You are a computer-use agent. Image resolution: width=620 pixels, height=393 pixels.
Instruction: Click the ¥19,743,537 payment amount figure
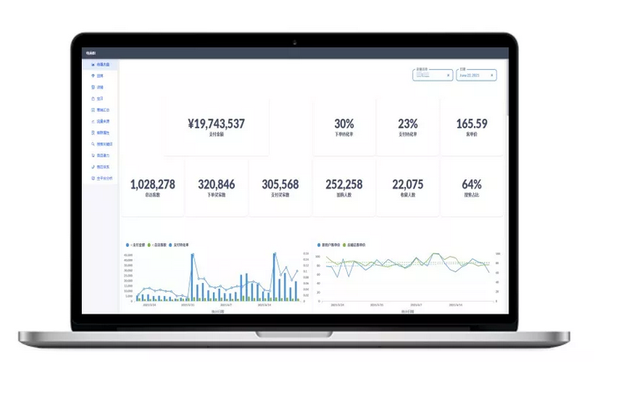[x=215, y=124]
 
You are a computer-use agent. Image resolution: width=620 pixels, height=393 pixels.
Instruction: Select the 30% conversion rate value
[x=344, y=124]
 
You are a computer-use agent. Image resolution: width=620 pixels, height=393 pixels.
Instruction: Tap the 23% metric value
[x=408, y=124]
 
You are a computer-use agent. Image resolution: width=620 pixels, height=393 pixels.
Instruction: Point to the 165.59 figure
[x=471, y=124]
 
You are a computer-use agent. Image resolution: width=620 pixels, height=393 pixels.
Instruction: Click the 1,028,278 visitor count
[x=152, y=184]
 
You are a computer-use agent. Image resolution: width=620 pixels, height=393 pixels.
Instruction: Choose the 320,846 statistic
[x=216, y=184]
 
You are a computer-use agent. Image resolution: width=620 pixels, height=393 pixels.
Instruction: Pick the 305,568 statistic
[x=279, y=184]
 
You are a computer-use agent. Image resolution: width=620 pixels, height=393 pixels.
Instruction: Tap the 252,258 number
[x=344, y=184]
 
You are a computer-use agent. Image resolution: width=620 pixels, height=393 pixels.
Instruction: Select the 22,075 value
[x=408, y=184]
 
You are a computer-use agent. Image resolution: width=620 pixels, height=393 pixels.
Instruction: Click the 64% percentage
[x=471, y=184]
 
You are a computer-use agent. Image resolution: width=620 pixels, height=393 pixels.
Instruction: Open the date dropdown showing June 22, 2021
[x=476, y=75]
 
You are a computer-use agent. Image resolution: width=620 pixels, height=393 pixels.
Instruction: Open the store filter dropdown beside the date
[x=432, y=75]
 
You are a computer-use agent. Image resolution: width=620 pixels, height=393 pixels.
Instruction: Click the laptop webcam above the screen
[x=295, y=42]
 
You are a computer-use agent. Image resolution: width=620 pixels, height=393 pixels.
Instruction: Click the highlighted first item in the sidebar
[x=101, y=64]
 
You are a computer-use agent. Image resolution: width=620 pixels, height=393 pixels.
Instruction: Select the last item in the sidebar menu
[x=103, y=177]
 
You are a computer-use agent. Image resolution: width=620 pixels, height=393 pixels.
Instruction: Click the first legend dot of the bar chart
[x=127, y=245]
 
